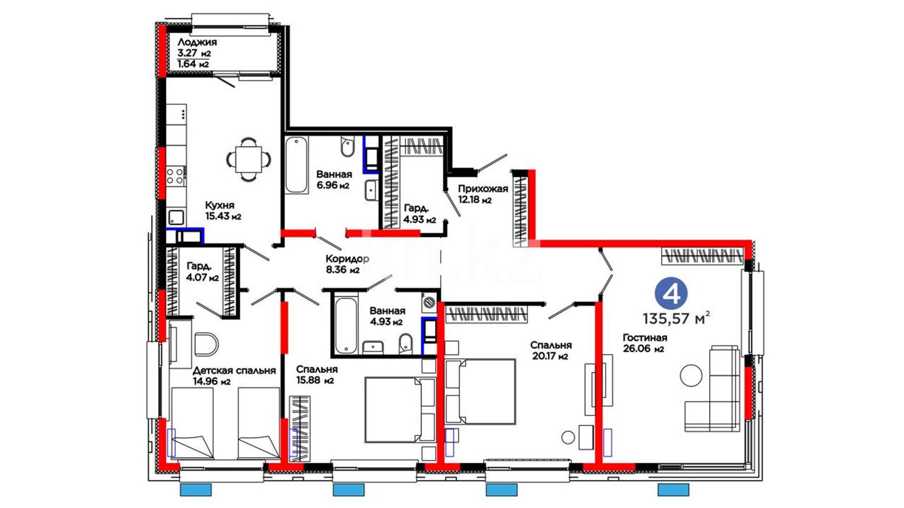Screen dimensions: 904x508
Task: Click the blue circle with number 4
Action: [x=671, y=294]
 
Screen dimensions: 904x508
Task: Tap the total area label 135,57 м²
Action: [x=676, y=318]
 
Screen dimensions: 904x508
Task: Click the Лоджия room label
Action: [x=197, y=42]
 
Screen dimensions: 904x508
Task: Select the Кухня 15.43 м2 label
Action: [x=223, y=211]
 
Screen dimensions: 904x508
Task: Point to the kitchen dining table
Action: [x=249, y=159]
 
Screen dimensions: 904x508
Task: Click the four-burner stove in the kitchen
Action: [x=176, y=176]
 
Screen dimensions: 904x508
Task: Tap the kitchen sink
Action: [x=176, y=217]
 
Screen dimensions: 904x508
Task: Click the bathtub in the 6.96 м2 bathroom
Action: [x=297, y=165]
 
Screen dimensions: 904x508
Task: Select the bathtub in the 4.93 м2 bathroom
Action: [x=346, y=325]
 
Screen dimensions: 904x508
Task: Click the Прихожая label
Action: [x=483, y=189]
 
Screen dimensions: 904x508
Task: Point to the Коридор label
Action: [x=347, y=259]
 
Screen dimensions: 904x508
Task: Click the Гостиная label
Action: [x=645, y=338]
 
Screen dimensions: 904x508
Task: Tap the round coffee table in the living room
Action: [x=691, y=375]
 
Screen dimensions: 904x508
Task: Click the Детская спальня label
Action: [x=234, y=371]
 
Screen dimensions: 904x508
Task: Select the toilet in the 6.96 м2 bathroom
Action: [x=348, y=147]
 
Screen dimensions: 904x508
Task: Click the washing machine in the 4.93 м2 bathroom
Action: [x=429, y=302]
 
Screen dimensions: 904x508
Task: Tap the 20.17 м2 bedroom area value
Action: [x=550, y=356]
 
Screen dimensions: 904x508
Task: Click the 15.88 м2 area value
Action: [x=315, y=380]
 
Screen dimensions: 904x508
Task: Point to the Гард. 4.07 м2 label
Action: [x=202, y=272]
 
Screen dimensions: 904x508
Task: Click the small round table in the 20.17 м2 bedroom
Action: [x=568, y=437]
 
